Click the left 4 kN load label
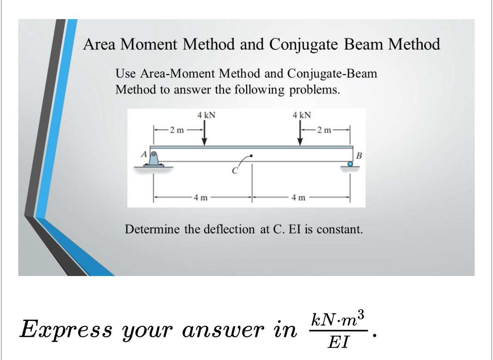[x=206, y=115]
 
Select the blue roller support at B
[x=350, y=164]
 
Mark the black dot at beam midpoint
[x=251, y=156]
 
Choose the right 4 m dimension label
[x=298, y=198]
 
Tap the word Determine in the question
[x=153, y=229]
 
